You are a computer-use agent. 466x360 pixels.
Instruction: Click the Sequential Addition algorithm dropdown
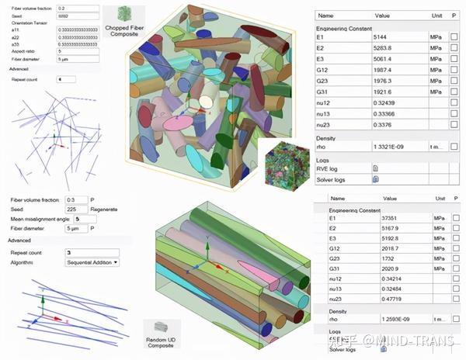92,262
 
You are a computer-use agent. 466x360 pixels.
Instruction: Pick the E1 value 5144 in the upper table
384,36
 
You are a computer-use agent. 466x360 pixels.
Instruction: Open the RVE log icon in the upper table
375,168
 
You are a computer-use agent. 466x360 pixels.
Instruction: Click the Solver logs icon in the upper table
375,178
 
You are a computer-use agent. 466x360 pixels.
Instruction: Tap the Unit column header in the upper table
436,15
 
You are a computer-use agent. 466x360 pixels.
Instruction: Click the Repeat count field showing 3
91,252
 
